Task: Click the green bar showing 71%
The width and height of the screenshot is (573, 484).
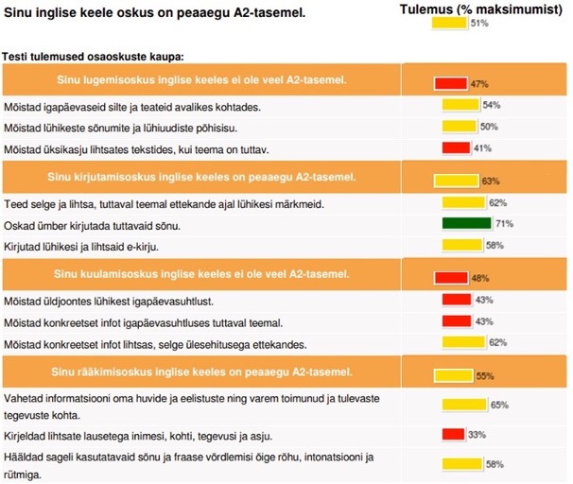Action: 466,224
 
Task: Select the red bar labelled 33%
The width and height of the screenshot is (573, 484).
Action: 453,435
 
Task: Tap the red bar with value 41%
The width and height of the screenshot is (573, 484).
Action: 457,147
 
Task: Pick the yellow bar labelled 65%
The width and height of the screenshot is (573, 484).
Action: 465,405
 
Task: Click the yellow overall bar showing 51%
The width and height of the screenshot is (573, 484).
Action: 450,23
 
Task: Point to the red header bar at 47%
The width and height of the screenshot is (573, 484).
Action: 451,83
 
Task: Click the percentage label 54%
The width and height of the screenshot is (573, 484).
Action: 491,105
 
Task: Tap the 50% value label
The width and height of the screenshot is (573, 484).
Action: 489,126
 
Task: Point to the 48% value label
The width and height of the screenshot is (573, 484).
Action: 480,279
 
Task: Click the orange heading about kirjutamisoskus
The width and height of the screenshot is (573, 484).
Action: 200,177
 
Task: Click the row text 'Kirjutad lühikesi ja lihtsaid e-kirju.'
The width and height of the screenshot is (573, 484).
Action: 95,246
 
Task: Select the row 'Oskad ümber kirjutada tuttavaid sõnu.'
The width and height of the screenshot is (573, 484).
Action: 93,225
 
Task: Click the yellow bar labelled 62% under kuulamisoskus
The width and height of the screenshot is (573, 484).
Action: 462,342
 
